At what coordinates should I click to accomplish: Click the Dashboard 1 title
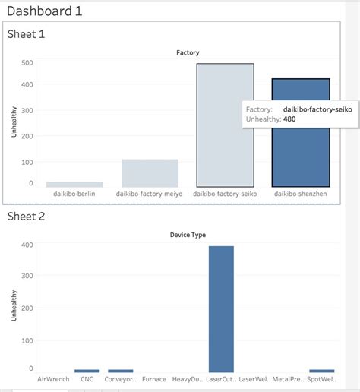(44, 11)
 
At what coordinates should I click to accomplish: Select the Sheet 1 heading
(27, 35)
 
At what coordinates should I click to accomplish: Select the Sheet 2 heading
(27, 217)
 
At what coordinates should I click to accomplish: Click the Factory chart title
(188, 52)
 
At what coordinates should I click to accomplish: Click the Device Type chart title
(188, 235)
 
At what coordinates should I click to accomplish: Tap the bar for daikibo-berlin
(74, 185)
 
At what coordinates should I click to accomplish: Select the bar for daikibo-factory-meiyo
(150, 173)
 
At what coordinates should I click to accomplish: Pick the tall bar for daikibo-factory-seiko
(225, 125)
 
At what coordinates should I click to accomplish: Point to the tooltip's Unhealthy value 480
(289, 119)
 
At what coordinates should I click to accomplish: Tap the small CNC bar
(87, 371)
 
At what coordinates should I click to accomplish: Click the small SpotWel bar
(322, 371)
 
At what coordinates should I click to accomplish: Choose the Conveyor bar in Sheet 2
(120, 371)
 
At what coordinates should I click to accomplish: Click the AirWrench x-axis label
(53, 379)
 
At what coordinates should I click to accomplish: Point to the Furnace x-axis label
(153, 379)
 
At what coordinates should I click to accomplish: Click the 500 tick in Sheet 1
(27, 63)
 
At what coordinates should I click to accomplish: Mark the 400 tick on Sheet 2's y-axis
(27, 245)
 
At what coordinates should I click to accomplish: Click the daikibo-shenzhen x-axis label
(301, 194)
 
